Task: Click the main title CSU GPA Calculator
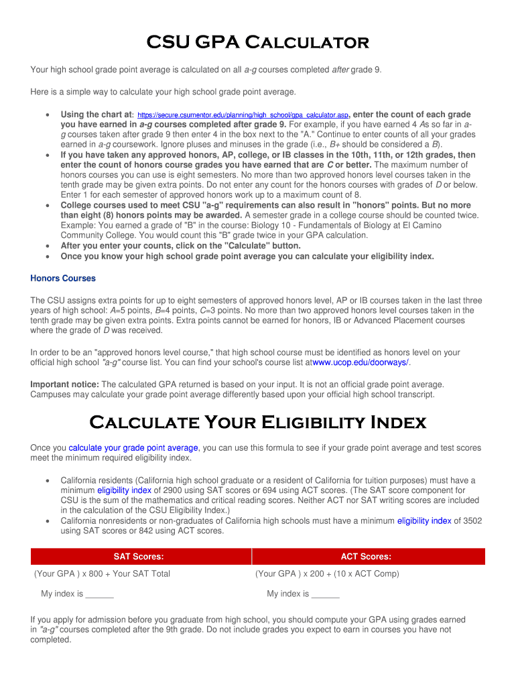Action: coord(258,43)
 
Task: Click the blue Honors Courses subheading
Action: coord(63,278)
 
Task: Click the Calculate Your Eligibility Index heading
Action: coord(258,423)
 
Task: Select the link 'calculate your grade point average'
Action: coord(133,448)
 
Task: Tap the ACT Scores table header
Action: coord(366,557)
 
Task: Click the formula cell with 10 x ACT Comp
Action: coord(327,573)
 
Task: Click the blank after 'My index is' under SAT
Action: coord(100,594)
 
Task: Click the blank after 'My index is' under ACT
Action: coord(326,594)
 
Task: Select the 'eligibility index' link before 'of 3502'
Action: coord(424,521)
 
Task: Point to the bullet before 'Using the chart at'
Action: coord(46,115)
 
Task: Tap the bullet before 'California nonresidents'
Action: coord(46,521)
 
